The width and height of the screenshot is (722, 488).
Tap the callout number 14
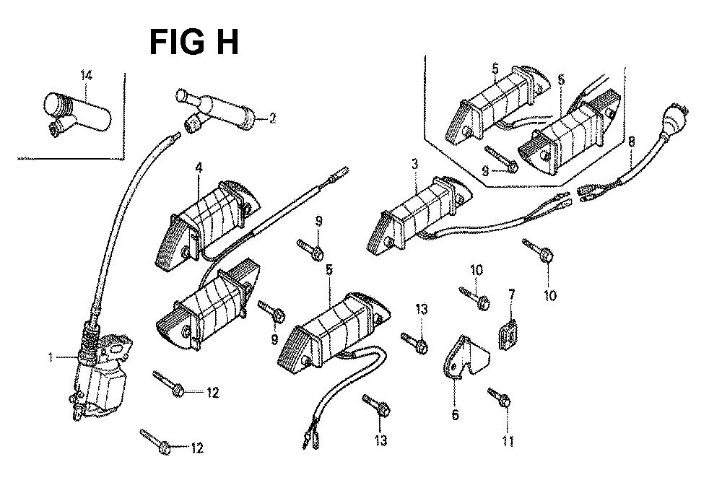(x=87, y=74)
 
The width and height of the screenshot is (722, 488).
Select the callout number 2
(x=272, y=118)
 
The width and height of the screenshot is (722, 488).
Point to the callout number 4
(x=198, y=169)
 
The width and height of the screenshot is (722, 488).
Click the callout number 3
(x=414, y=165)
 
